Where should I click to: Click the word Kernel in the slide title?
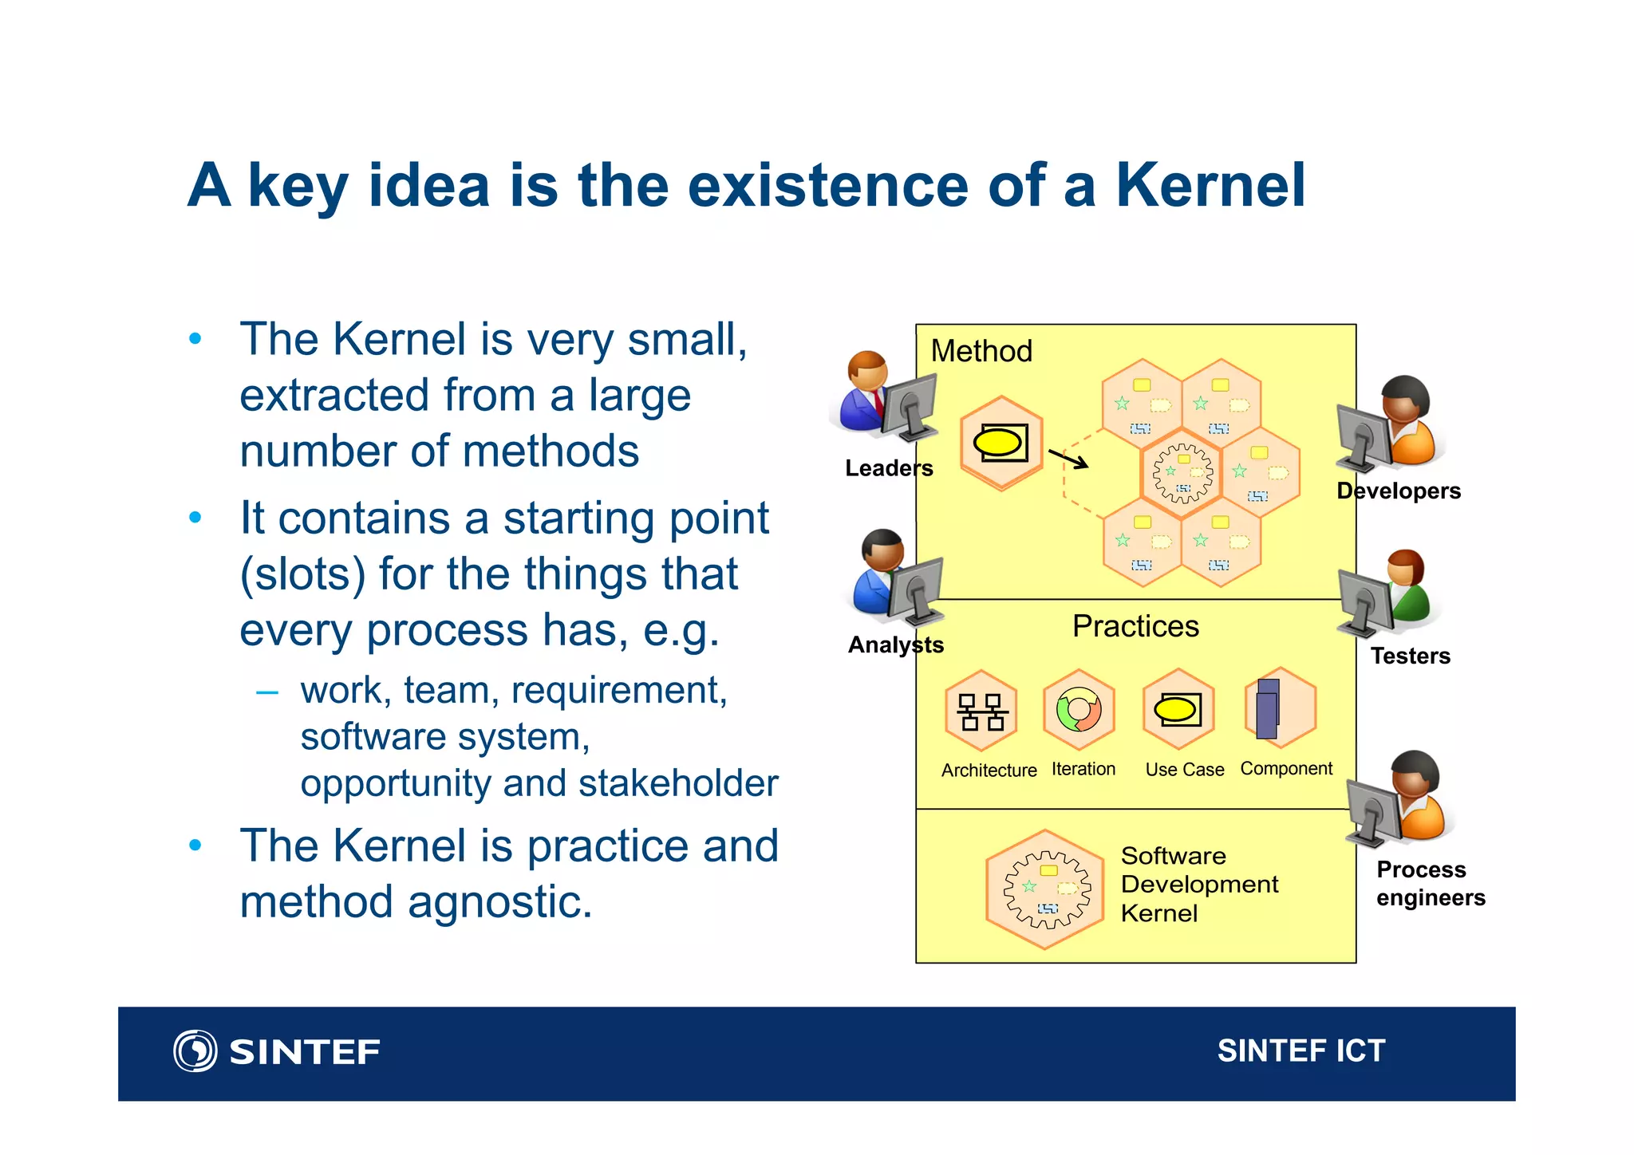[x=1210, y=186]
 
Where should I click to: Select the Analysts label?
[x=895, y=645]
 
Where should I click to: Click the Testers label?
[x=1410, y=656]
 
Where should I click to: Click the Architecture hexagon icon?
[x=981, y=711]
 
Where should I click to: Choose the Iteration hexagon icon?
[x=1079, y=709]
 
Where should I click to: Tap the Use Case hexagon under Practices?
[x=1178, y=709]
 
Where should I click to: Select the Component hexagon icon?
[x=1280, y=708]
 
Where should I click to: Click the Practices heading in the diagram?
[x=1135, y=626]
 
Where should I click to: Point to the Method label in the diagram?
[x=981, y=351]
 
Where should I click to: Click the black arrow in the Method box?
[x=1068, y=459]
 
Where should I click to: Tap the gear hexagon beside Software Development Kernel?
[x=1046, y=889]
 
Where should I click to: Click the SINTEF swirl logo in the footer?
[x=195, y=1051]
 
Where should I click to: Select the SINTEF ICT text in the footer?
[x=1300, y=1051]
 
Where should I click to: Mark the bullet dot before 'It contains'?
[x=195, y=518]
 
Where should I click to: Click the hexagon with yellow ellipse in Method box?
[x=1001, y=443]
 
